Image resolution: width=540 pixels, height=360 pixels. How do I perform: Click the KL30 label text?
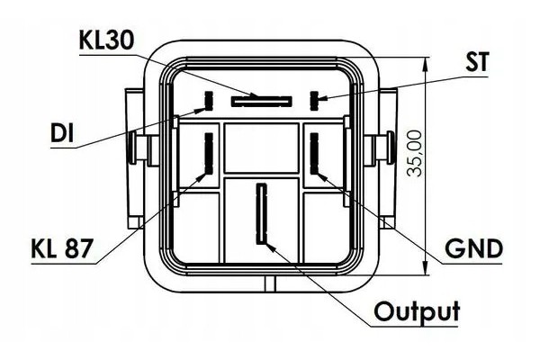[x=106, y=40]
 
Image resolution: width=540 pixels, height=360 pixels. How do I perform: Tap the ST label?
[x=477, y=62]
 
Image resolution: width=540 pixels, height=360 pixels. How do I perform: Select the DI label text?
[x=62, y=133]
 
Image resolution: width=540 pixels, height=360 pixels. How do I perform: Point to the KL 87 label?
[x=62, y=248]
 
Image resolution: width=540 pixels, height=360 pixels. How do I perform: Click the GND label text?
[x=474, y=248]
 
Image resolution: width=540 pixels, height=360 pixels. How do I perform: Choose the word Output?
[x=417, y=311]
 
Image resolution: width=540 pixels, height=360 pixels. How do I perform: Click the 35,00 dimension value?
[x=414, y=153]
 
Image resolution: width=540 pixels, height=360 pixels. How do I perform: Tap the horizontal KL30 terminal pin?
[x=261, y=102]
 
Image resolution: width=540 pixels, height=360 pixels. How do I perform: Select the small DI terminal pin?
[x=209, y=101]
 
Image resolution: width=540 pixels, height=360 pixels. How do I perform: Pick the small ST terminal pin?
[x=314, y=101]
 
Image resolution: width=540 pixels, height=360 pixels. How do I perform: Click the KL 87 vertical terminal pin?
[x=209, y=153]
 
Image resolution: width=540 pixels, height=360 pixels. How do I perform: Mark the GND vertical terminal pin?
[x=314, y=153]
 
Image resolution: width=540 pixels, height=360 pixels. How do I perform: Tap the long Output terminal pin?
[x=262, y=213]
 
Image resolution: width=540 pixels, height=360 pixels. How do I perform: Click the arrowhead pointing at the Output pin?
[x=271, y=247]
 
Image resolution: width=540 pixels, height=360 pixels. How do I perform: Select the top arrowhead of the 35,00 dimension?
[x=427, y=63]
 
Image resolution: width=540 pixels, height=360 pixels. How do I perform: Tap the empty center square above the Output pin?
[x=261, y=148]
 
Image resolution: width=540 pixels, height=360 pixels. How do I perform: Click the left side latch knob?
[x=132, y=148]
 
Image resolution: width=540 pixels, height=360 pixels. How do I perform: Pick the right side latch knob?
[x=391, y=148]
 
